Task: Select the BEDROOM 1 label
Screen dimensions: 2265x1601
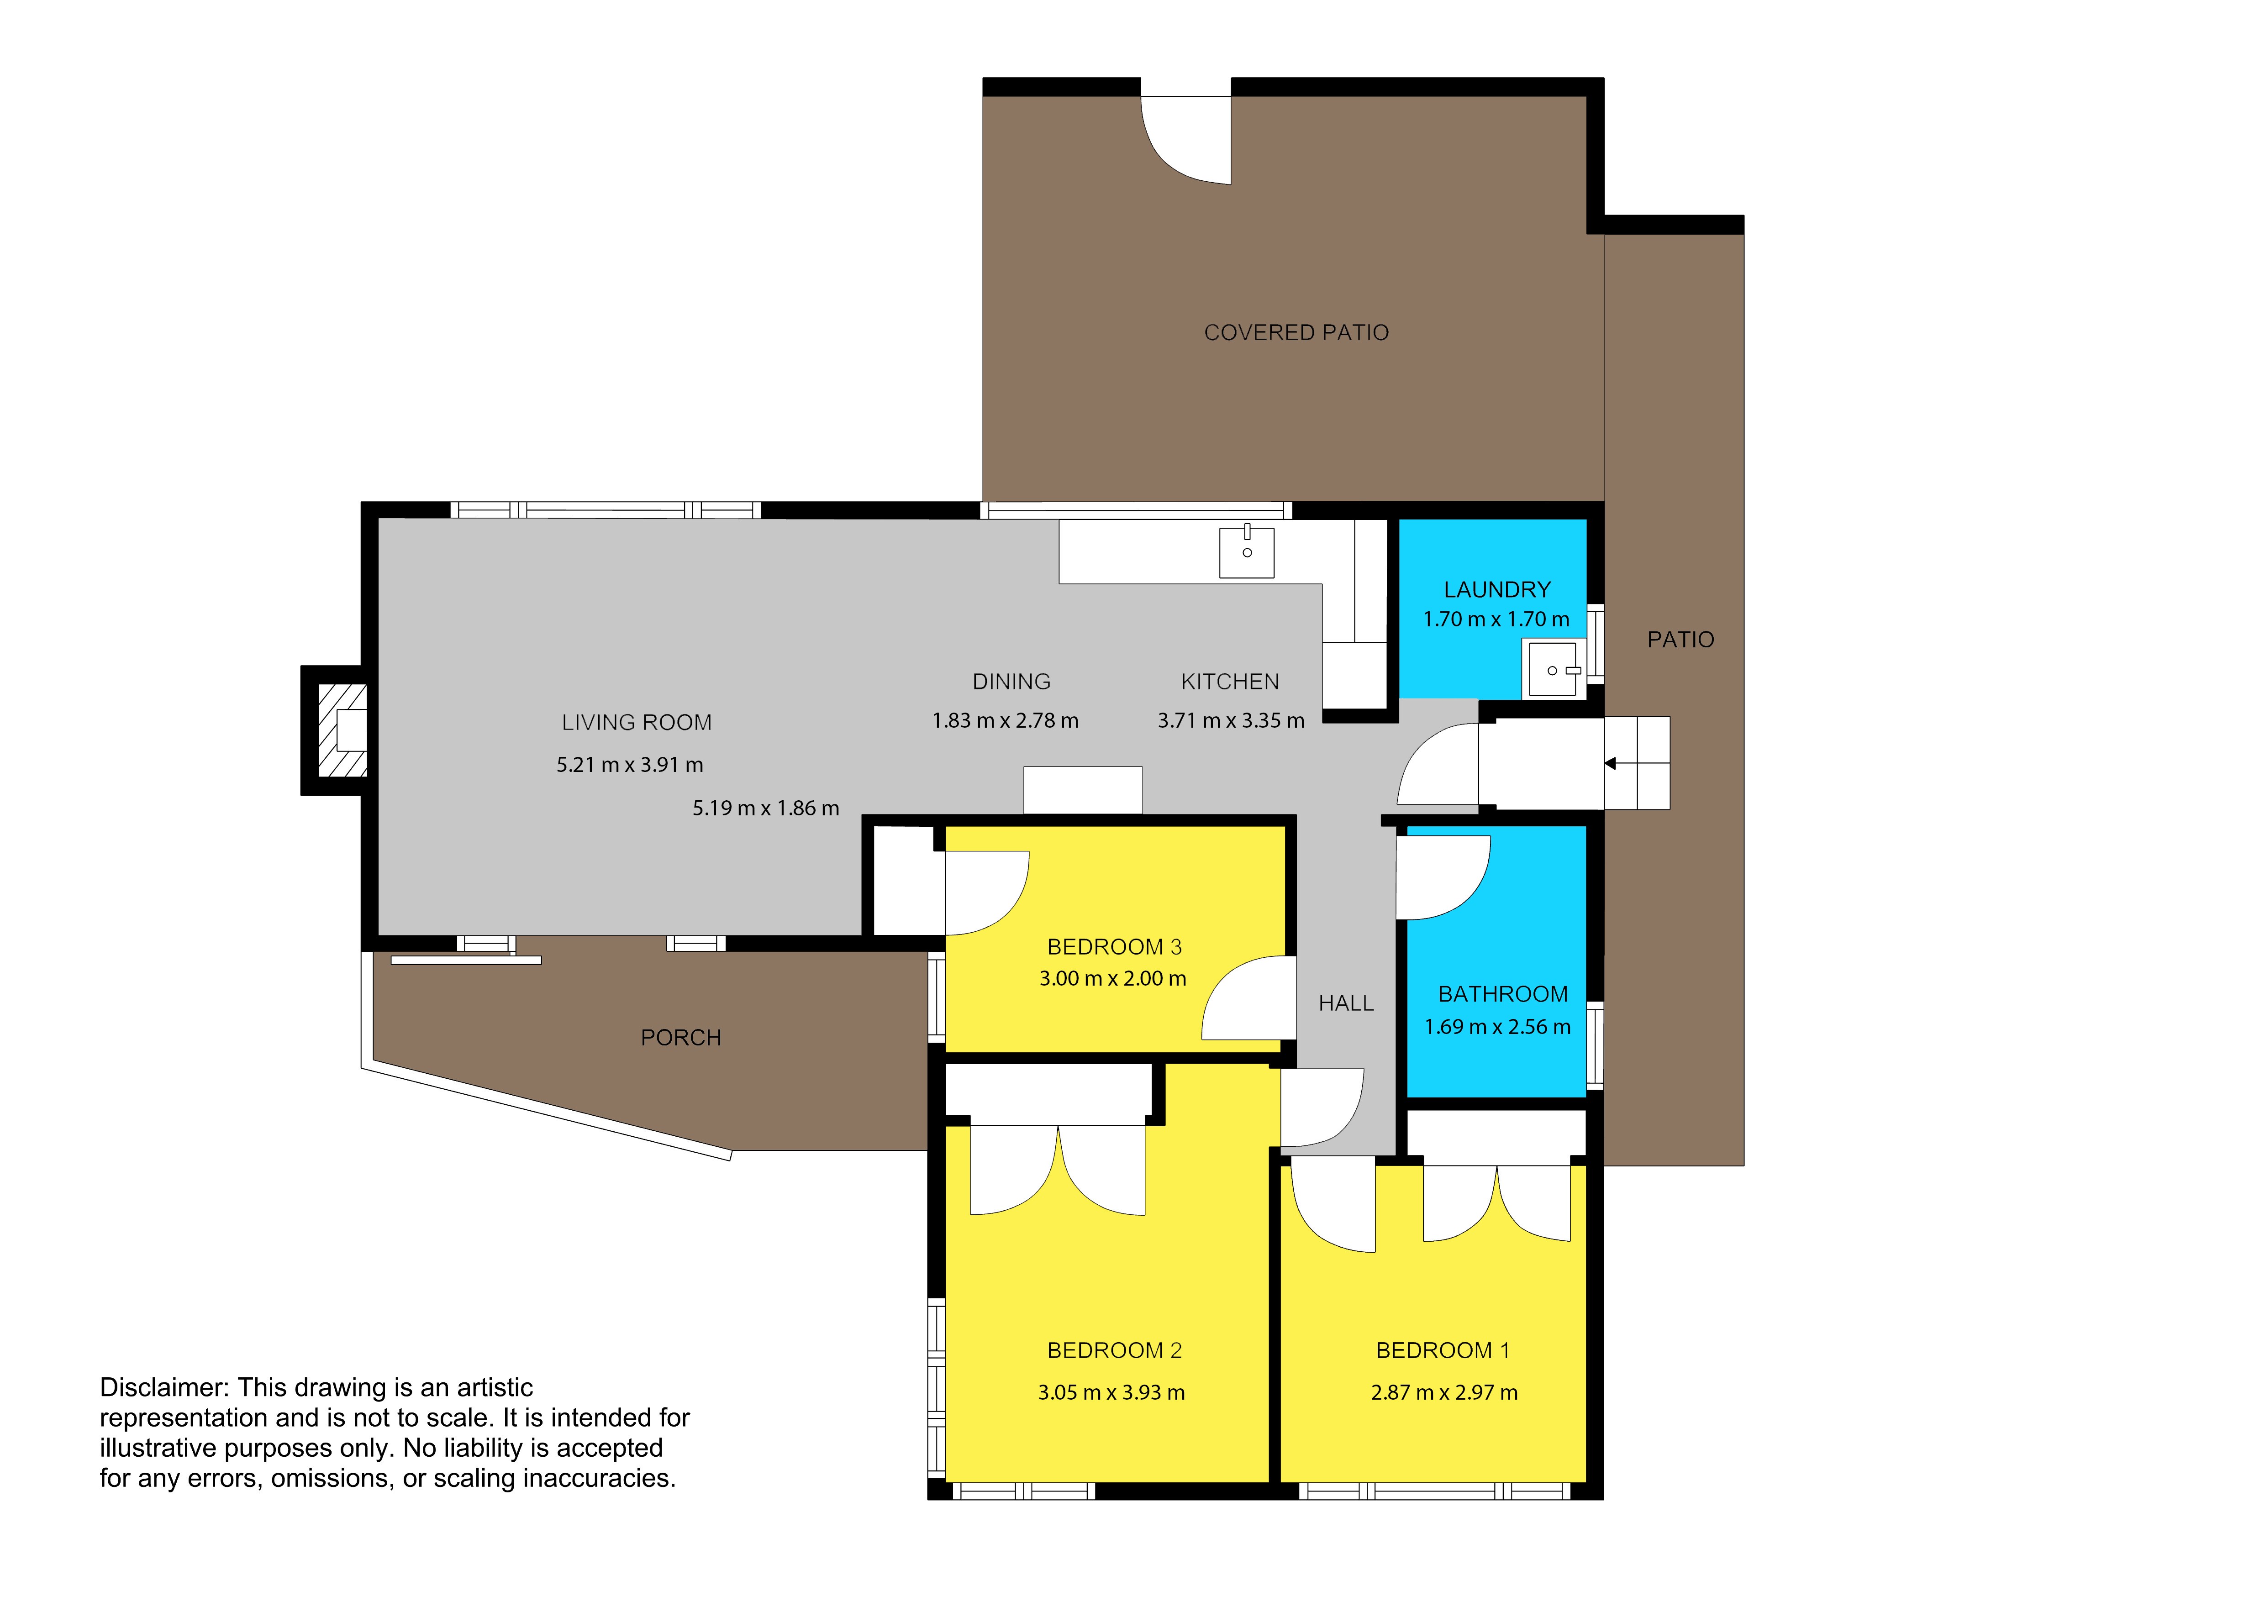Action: pos(1442,1350)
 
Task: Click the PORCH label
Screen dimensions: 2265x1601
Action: pos(681,1038)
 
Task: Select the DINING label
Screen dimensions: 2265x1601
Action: pos(1011,682)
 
